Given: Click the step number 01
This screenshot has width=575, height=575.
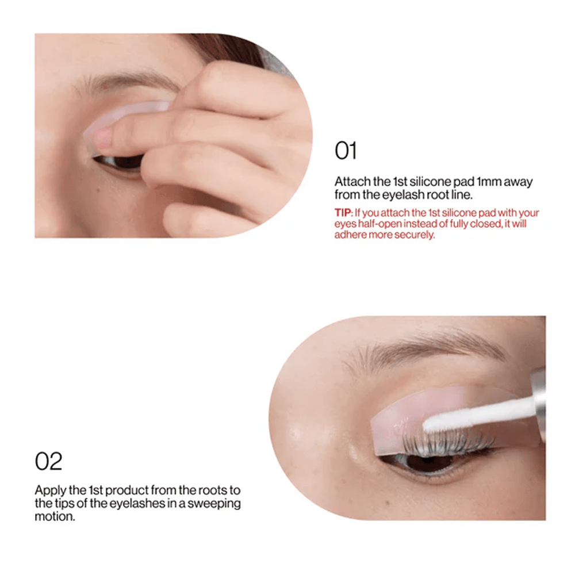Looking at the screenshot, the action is point(346,151).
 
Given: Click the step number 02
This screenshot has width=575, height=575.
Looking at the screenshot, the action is point(48,461).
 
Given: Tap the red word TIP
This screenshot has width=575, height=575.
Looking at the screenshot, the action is point(343,213).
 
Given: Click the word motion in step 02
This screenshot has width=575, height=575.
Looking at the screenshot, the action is point(55,517).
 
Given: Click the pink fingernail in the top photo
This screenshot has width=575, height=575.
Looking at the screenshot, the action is point(103,138).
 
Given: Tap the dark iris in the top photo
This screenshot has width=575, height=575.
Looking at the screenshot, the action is point(127,162).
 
